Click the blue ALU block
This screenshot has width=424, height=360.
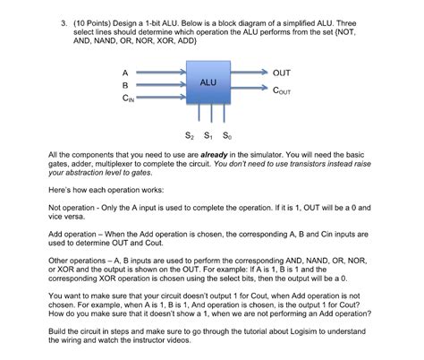pos(208,84)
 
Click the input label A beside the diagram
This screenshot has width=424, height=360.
pos(126,71)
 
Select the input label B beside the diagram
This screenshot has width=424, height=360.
pos(126,85)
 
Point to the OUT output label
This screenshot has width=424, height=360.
pos(282,72)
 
